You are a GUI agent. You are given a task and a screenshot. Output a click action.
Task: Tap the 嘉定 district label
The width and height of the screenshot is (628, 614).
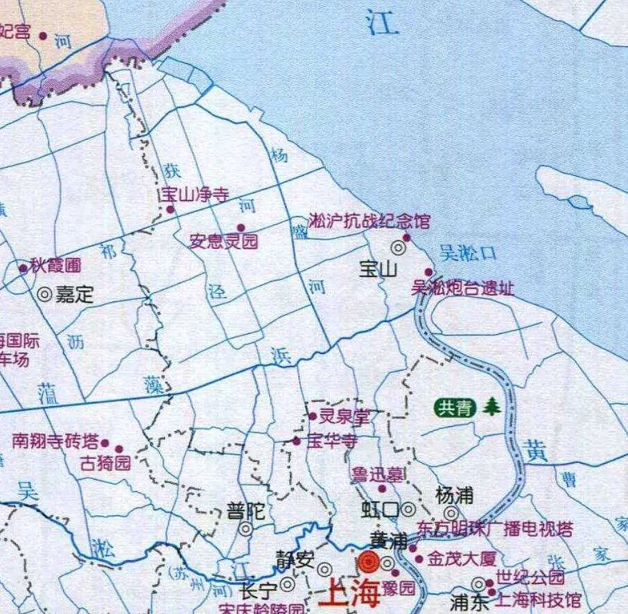(74, 295)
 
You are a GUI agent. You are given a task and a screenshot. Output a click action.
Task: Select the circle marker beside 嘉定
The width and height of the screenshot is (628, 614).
(44, 295)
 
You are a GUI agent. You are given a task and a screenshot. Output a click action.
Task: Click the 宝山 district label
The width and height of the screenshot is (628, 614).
(378, 269)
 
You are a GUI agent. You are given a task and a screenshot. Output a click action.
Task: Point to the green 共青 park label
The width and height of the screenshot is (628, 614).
(455, 407)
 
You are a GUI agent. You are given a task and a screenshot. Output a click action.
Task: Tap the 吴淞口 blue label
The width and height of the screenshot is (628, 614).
(469, 254)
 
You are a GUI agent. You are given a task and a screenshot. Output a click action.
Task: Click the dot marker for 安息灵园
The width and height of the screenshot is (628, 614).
(241, 227)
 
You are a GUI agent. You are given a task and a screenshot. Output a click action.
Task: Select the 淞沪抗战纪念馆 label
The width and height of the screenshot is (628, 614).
(369, 222)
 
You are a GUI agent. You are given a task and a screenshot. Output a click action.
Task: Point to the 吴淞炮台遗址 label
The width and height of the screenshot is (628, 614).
(463, 288)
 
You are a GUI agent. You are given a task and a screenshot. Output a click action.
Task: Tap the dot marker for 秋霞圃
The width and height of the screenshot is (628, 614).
(23, 268)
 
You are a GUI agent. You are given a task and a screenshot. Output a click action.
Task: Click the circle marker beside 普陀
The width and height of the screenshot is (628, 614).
(245, 529)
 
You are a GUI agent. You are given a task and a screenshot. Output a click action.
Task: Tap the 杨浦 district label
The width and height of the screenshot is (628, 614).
(455, 495)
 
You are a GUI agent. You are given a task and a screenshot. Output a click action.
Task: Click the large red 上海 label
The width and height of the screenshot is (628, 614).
(351, 595)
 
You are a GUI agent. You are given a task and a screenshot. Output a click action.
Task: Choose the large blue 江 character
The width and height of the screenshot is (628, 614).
(383, 24)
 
